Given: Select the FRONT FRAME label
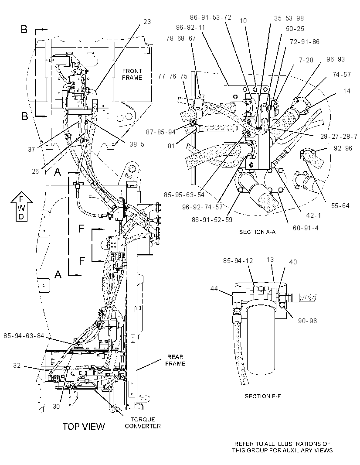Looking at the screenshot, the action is click(132, 74).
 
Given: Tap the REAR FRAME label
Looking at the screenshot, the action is click(175, 360).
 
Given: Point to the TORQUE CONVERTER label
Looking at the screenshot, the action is click(143, 423).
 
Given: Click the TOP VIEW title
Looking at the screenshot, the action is click(84, 427).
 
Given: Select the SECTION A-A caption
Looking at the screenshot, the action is click(257, 232).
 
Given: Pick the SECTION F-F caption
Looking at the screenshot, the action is click(262, 396).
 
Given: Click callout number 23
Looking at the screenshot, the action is click(147, 22).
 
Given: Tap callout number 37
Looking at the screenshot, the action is click(32, 150).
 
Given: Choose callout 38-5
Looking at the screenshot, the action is click(137, 144).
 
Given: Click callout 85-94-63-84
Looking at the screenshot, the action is click(24, 336).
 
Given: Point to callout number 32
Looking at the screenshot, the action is click(17, 366).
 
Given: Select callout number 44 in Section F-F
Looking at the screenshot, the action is click(214, 288).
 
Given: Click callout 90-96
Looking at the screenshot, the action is click(308, 321).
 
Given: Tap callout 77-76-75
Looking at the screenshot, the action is click(173, 76).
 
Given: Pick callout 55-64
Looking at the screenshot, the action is click(340, 205).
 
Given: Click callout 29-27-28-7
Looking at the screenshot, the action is click(339, 137).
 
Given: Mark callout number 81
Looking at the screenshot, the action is click(171, 146).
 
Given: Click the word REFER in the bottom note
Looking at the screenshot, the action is click(244, 444).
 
